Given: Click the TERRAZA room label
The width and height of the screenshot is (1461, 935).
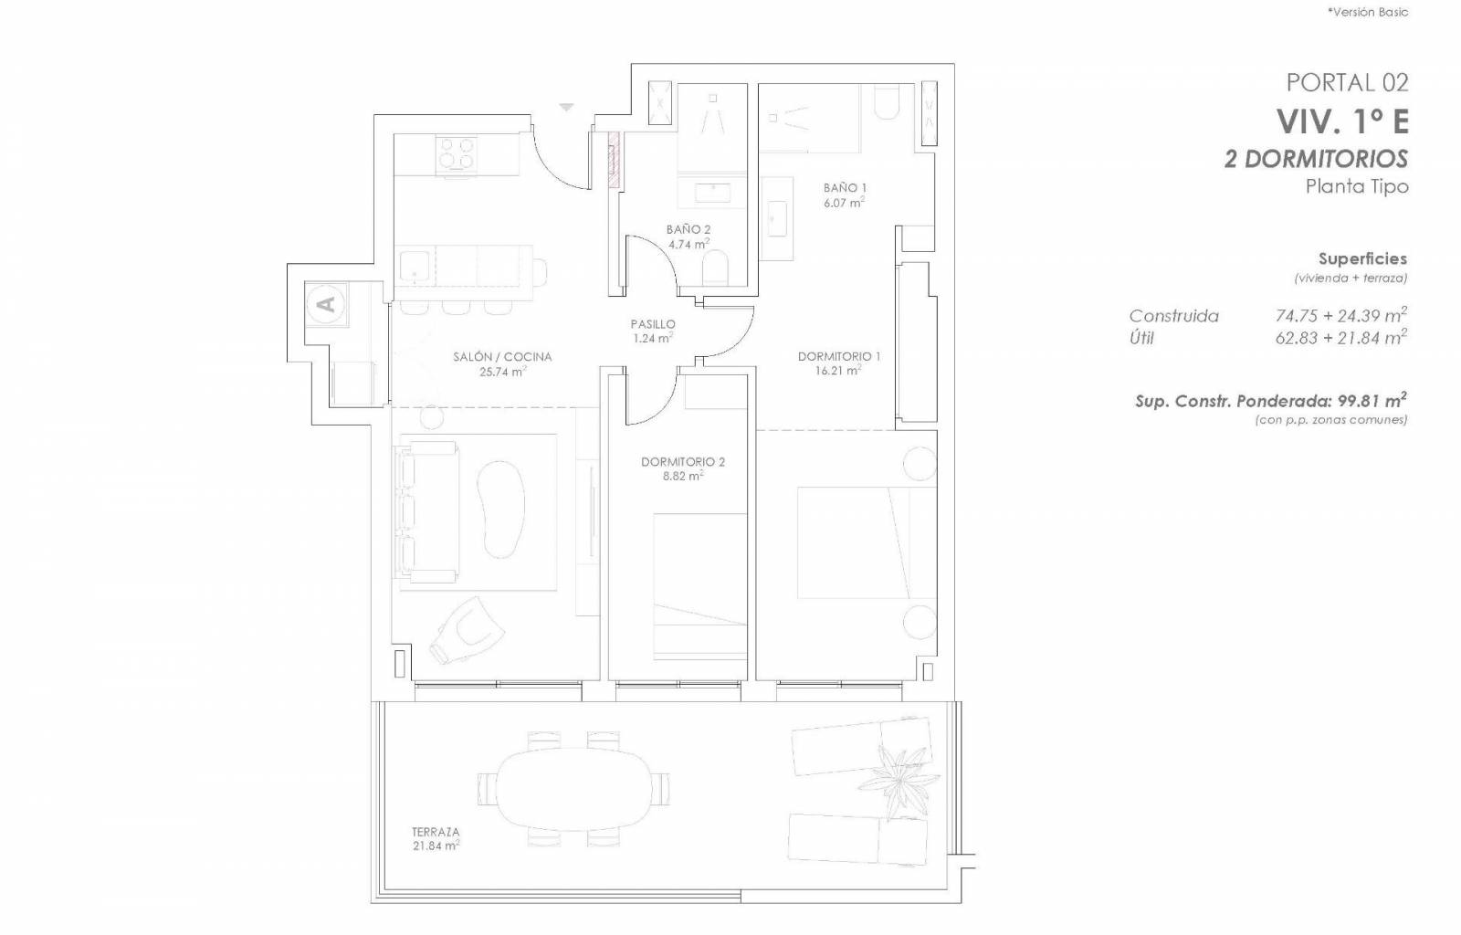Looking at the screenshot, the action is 435,832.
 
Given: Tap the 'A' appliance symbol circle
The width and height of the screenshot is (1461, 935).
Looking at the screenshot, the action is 326,304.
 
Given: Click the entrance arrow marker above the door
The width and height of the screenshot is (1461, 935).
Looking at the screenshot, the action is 566,107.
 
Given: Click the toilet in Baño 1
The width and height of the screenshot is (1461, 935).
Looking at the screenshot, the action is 886,101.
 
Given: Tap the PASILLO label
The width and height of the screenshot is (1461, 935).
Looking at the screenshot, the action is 653,324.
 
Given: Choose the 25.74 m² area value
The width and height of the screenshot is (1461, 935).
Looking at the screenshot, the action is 502,372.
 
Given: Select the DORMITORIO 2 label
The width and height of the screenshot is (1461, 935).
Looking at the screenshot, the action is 683,462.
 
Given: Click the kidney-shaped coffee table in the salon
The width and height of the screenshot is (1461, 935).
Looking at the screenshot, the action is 500,510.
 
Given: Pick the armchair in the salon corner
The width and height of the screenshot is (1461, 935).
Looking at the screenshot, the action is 467,630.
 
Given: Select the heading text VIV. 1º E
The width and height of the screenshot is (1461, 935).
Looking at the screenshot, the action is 1342,122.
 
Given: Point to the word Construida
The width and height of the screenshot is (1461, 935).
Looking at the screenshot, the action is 1173,316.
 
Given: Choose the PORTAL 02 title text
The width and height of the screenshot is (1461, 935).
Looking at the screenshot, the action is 1347,83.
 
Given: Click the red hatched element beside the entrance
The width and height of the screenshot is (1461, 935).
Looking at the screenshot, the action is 613,160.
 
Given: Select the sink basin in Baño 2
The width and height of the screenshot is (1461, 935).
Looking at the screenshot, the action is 712,193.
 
